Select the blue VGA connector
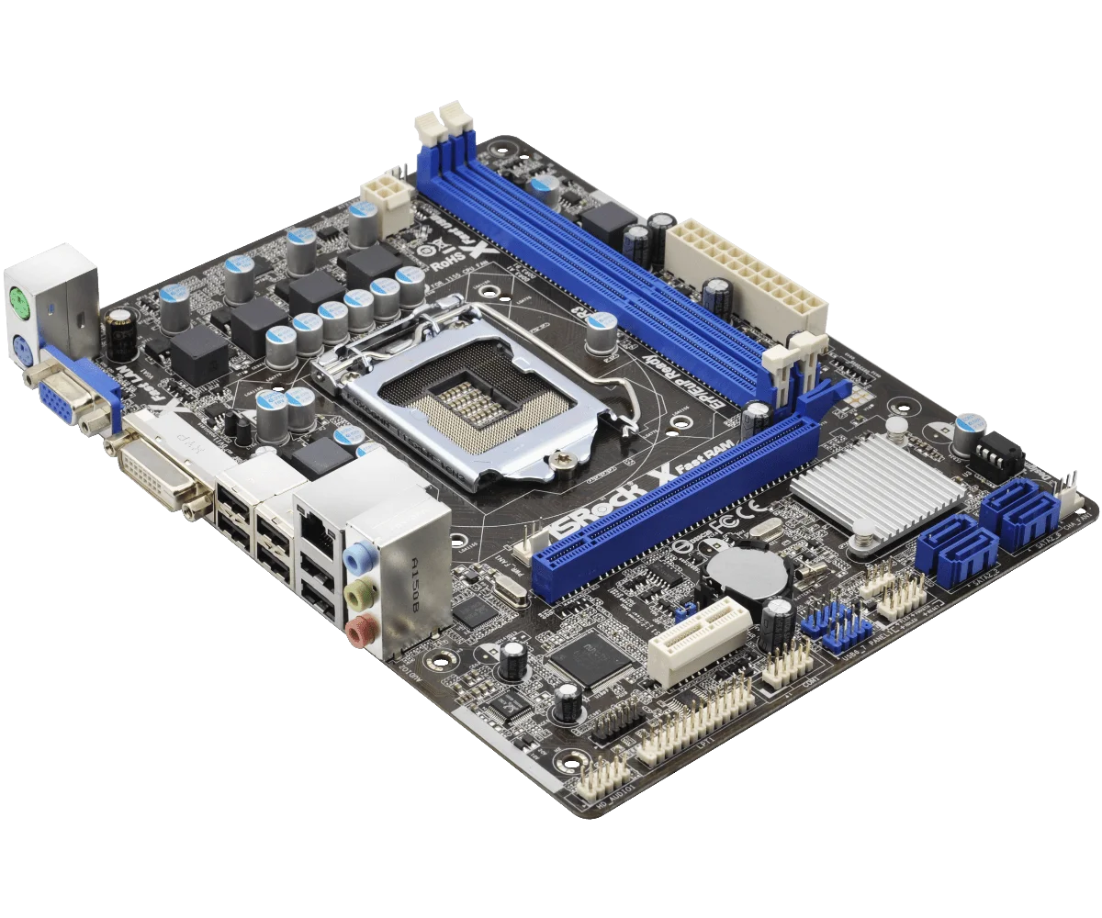(57, 400)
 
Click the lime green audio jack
(359, 595)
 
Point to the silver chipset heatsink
(877, 487)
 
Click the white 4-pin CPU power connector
(387, 201)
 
